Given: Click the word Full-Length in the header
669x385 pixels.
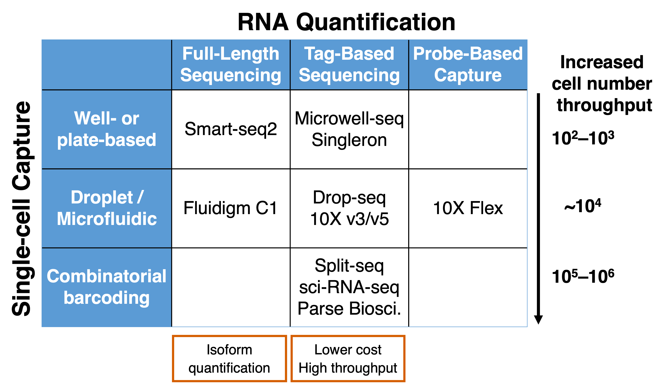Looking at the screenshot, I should [231, 54].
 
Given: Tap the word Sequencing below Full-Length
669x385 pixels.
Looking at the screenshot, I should [231, 75].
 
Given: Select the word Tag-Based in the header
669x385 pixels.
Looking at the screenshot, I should [349, 54].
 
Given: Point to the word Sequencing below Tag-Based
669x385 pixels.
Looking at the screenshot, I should [349, 75].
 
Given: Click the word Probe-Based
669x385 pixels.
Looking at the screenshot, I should [468, 54].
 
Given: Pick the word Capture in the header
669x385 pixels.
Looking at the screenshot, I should [468, 75].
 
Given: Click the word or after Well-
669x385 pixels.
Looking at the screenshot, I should [130, 119].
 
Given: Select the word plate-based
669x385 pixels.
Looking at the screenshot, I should [107, 140].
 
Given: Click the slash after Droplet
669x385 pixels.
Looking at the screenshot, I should [140, 197].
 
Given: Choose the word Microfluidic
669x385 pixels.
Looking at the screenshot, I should [107, 219].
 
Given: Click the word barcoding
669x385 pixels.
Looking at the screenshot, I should [107, 298].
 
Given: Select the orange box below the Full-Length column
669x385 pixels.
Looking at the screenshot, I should [229, 358].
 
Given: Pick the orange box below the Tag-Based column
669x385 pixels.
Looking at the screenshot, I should [348, 358].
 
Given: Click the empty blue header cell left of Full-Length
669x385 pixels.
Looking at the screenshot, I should [107, 64].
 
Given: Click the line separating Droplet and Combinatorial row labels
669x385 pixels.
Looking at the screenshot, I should [107, 248].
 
